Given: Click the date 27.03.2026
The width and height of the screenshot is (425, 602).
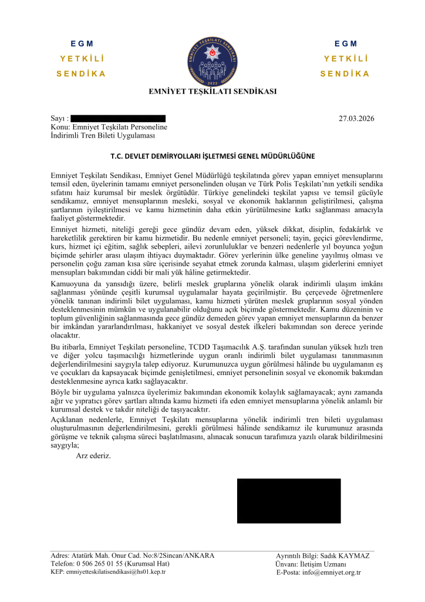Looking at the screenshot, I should tap(356, 119).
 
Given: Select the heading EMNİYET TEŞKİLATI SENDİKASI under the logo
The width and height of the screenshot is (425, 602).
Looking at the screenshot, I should tap(212, 91).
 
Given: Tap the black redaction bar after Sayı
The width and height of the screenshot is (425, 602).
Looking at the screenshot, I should tap(118, 119).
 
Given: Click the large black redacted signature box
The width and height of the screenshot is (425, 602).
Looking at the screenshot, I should tap(289, 501).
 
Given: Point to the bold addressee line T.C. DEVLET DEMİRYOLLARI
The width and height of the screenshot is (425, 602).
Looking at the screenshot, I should tap(212, 156).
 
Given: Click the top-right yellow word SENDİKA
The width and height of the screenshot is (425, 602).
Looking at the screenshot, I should tap(345, 74).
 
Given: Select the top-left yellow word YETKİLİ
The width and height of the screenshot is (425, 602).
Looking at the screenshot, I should tap(82, 59).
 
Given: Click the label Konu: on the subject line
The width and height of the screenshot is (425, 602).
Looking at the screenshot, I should tap(60, 127).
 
